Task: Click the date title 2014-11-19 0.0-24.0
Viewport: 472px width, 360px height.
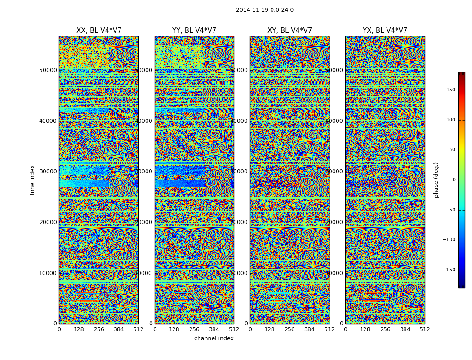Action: pos(264,10)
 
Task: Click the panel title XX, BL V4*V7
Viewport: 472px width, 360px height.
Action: pos(99,31)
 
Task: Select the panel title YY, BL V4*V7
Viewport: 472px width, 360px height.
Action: pos(194,31)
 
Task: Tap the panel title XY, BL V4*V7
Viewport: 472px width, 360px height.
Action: pos(289,31)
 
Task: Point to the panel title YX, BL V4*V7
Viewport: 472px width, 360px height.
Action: pos(385,31)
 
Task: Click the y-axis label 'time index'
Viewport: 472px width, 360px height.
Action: pos(32,180)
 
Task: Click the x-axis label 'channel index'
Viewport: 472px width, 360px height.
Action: pos(214,338)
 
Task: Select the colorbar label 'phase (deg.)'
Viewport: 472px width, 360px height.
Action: pos(436,180)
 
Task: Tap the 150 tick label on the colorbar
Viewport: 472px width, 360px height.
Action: pos(450,90)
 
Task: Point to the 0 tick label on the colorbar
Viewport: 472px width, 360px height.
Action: pos(454,180)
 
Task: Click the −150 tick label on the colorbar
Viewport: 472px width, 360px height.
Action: pos(449,270)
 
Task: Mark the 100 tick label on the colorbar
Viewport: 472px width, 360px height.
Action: pos(450,120)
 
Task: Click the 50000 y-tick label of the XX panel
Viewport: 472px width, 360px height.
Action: pos(48,70)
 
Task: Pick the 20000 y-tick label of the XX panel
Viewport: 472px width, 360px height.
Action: pos(48,222)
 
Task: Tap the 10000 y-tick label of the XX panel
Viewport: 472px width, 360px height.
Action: pos(48,273)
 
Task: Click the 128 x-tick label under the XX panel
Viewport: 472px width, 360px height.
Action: pos(79,329)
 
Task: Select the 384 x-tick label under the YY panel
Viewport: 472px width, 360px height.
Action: pos(214,329)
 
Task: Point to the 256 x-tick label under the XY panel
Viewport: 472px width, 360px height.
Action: pos(289,329)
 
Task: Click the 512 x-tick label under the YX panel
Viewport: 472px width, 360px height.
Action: pos(424,329)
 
